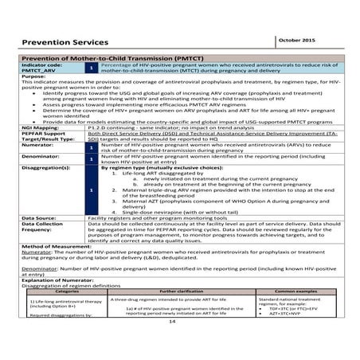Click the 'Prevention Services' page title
65,41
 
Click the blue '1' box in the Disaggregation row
92,190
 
